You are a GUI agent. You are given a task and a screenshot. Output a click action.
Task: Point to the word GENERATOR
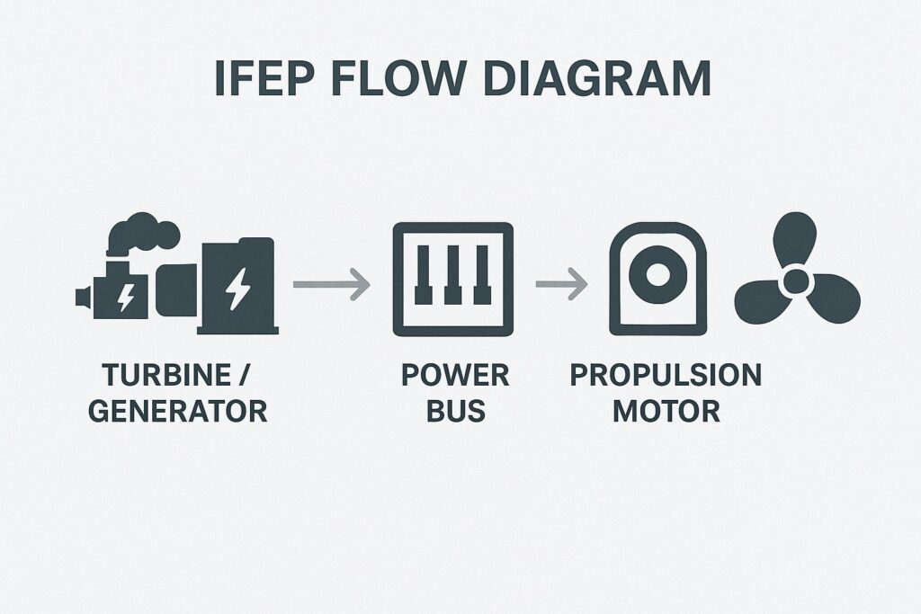pyautogui.click(x=178, y=412)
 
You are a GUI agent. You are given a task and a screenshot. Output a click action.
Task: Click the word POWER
pyautogui.click(x=455, y=376)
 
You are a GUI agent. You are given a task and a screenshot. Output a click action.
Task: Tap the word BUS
pyautogui.click(x=455, y=412)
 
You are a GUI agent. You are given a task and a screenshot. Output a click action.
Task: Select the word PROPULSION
pyautogui.click(x=666, y=376)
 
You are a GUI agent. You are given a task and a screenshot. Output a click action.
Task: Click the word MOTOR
pyautogui.click(x=666, y=412)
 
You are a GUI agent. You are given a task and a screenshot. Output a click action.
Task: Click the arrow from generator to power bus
pyautogui.click(x=332, y=285)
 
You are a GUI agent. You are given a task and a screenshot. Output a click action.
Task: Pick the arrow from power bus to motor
pyautogui.click(x=561, y=285)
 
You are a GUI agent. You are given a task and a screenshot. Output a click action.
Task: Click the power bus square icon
pyautogui.click(x=453, y=280)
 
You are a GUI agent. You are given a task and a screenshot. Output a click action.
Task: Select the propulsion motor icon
pyautogui.click(x=657, y=280)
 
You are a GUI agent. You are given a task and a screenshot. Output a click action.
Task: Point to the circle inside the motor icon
pyautogui.click(x=657, y=273)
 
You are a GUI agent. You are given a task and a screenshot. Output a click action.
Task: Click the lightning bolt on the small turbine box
pyautogui.click(x=126, y=295)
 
